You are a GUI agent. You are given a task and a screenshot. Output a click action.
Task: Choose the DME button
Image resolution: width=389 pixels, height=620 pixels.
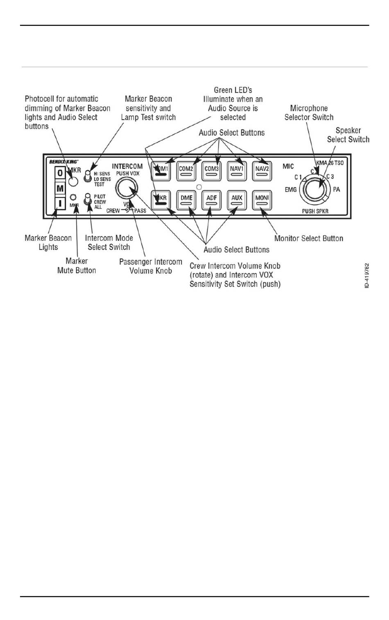pyautogui.click(x=186, y=200)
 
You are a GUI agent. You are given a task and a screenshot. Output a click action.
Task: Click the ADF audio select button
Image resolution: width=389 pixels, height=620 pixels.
pyautogui.click(x=212, y=200)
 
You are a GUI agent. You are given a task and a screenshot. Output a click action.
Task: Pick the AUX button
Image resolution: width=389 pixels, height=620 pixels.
pyautogui.click(x=237, y=200)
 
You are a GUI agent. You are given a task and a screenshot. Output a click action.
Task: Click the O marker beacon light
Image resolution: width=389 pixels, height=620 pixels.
pyautogui.click(x=60, y=173)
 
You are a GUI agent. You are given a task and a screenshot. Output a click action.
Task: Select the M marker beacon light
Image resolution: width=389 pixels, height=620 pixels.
pyautogui.click(x=60, y=188)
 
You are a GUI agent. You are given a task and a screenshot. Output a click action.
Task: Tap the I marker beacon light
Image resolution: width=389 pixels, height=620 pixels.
pyautogui.click(x=60, y=203)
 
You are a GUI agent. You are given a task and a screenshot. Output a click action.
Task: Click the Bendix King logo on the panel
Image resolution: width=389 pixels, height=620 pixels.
pyautogui.click(x=63, y=162)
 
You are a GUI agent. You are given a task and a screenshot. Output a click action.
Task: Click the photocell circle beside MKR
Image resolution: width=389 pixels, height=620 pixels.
pyautogui.click(x=73, y=181)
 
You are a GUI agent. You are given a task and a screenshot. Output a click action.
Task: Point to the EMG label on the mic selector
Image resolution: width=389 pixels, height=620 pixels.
pyautogui.click(x=291, y=190)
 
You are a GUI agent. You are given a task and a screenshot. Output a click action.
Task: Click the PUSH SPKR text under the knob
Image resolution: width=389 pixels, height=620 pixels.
pyautogui.click(x=315, y=211)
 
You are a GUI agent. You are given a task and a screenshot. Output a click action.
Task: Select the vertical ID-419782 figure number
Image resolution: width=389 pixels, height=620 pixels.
pyautogui.click(x=367, y=275)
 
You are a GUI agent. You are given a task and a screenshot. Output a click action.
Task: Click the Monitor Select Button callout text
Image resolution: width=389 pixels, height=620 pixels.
pyautogui.click(x=309, y=238)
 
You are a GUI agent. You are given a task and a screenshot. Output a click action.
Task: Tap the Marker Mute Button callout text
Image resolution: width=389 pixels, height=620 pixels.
pyautogui.click(x=77, y=266)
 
